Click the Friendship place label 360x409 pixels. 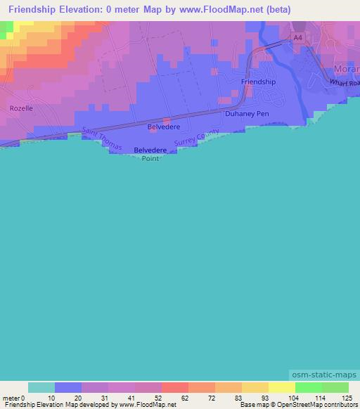click(258, 82)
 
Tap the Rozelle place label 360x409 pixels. click(21, 108)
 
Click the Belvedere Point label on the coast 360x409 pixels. click(150, 154)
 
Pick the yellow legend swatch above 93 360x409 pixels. click(255, 388)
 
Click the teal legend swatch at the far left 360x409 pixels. click(41, 388)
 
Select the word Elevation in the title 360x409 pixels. click(84, 10)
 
